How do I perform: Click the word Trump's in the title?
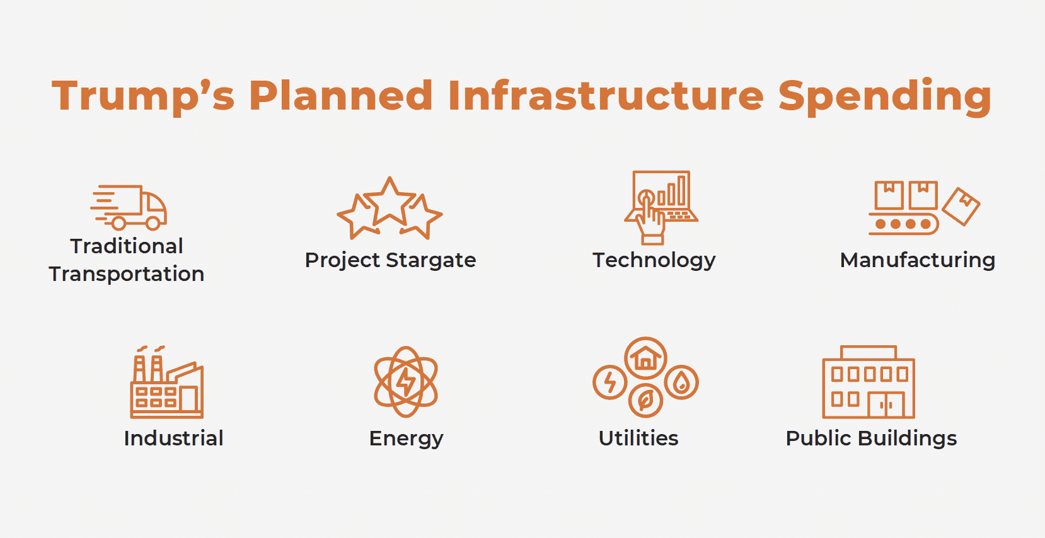(142, 96)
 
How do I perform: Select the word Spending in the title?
(885, 96)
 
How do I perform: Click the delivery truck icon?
(129, 207)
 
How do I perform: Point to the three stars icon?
(390, 209)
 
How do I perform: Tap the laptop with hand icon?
(661, 207)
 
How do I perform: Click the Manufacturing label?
(918, 260)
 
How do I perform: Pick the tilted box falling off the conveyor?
(961, 207)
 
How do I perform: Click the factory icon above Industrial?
(166, 382)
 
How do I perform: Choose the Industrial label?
(173, 438)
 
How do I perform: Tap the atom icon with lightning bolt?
(406, 382)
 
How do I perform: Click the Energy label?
(407, 439)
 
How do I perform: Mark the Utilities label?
(638, 438)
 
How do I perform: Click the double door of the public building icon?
(886, 404)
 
